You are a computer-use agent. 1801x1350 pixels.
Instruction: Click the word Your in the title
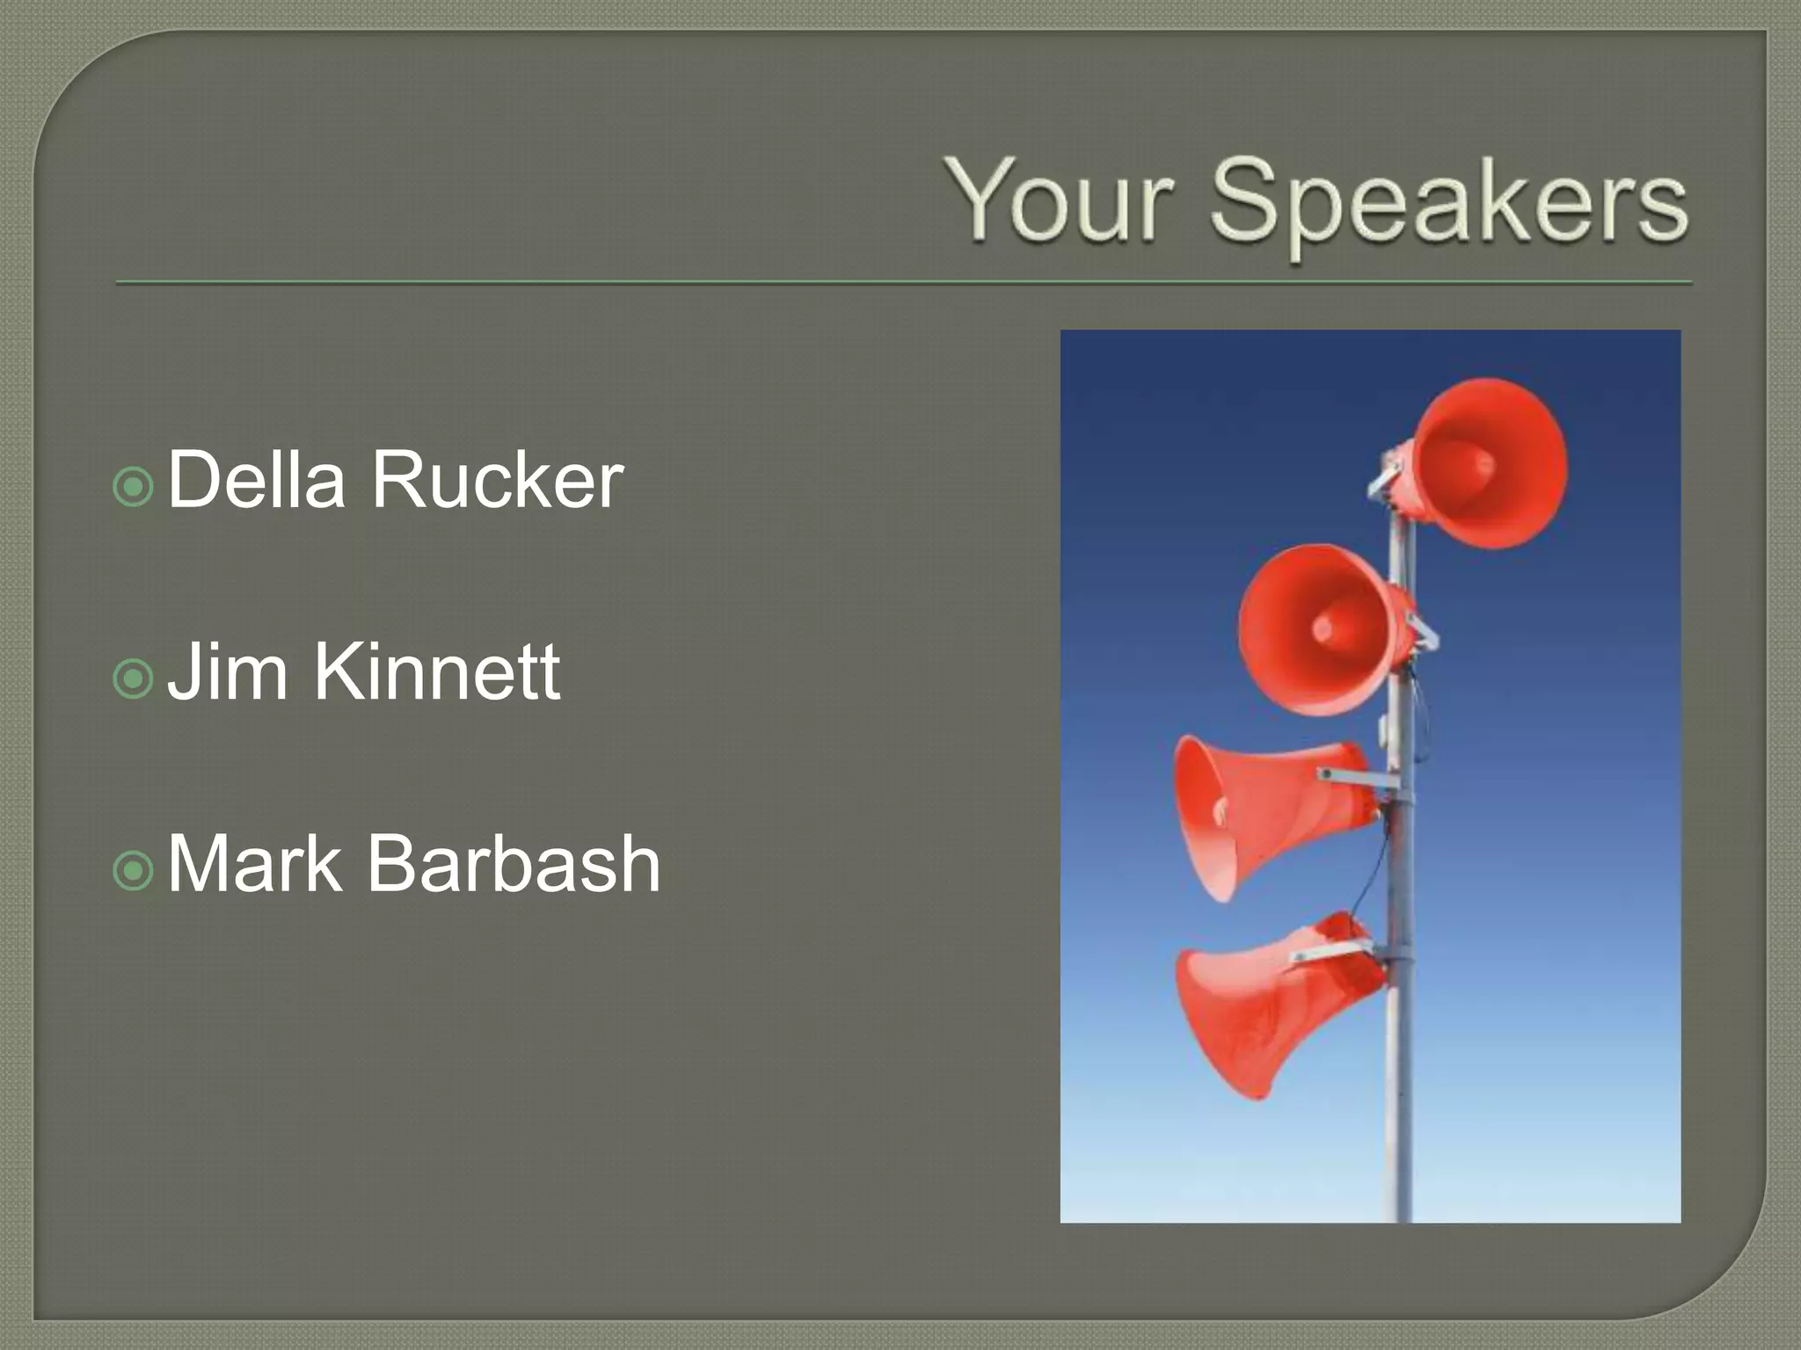1060,200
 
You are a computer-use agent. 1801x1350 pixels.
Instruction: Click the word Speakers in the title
1448,204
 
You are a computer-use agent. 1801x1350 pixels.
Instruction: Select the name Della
256,480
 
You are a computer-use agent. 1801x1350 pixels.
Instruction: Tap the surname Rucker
497,480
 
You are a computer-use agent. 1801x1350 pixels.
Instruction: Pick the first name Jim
228,671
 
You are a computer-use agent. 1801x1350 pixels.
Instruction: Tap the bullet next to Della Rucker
134,486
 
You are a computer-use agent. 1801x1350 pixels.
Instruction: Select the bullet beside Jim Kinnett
134,679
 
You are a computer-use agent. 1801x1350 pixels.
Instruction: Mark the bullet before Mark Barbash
134,871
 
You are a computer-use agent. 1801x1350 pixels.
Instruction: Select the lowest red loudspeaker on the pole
1266,1002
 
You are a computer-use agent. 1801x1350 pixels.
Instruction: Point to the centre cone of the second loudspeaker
1322,628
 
